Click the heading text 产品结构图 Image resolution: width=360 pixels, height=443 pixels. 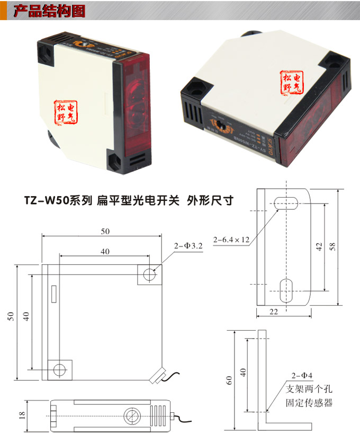[x=48, y=11]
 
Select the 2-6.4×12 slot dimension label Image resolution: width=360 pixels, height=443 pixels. [x=231, y=240]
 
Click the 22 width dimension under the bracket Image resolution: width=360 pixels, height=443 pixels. [x=273, y=312]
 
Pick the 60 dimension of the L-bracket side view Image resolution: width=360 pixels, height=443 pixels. [x=229, y=380]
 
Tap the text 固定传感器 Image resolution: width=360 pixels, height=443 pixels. [x=309, y=403]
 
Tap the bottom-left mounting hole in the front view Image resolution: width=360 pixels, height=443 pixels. [x=60, y=369]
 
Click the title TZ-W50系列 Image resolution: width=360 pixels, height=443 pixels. [x=58, y=201]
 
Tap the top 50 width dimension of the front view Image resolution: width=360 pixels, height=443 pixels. [x=105, y=231]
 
